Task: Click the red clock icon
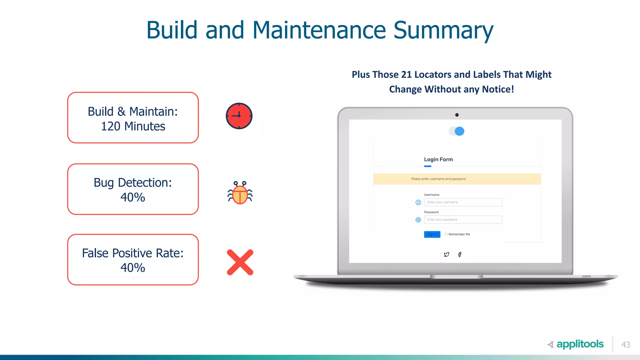click(x=239, y=116)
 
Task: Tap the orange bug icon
click(x=240, y=193)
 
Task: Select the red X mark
click(x=240, y=262)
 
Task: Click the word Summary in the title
click(x=443, y=30)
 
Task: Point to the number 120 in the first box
click(x=111, y=126)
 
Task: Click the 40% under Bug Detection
click(x=133, y=197)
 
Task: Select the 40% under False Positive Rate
click(x=133, y=267)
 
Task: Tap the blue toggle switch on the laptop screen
click(x=457, y=131)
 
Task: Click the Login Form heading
click(x=438, y=159)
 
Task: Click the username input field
click(x=463, y=202)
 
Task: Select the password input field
click(x=463, y=220)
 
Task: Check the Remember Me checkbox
click(x=446, y=234)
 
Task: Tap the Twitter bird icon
click(x=447, y=254)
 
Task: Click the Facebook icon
click(x=460, y=254)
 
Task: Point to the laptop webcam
click(x=457, y=115)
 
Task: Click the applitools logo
click(x=576, y=344)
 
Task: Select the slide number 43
click(x=626, y=344)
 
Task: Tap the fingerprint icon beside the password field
click(x=418, y=220)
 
